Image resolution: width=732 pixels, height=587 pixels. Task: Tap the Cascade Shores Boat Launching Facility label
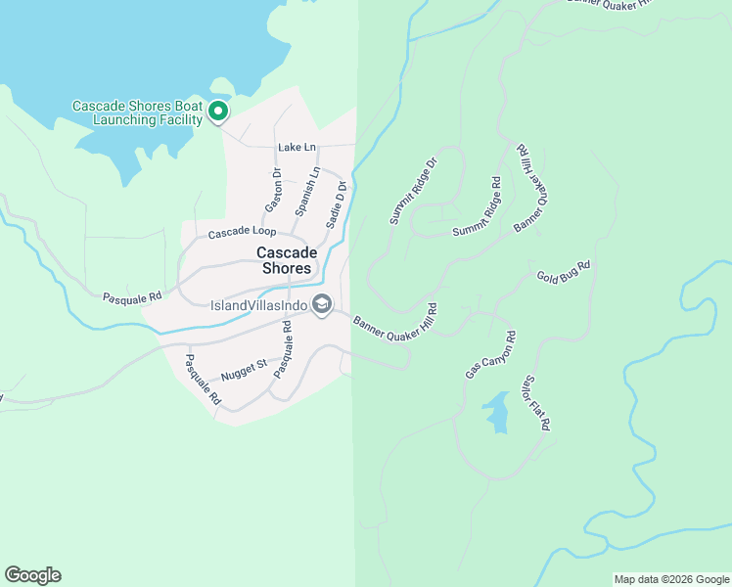[x=137, y=113]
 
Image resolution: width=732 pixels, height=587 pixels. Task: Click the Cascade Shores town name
[x=284, y=260]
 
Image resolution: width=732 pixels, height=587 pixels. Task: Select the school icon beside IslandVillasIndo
[x=321, y=305]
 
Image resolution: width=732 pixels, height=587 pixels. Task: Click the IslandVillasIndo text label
[x=259, y=305]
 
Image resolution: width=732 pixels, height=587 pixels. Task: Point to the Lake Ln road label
[x=297, y=147]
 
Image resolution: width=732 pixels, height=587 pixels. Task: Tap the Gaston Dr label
[x=275, y=191]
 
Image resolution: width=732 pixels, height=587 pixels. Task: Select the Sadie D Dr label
[x=337, y=203]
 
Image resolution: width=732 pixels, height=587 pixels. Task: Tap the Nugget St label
[x=244, y=369]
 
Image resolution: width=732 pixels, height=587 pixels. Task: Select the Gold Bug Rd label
[x=564, y=271]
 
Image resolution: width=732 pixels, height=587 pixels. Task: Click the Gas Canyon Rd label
[x=491, y=355]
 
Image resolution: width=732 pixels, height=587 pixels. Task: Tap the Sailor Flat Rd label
[x=537, y=402]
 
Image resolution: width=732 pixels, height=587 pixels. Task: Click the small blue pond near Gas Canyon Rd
[x=497, y=413]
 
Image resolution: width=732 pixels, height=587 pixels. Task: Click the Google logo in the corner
[x=32, y=575]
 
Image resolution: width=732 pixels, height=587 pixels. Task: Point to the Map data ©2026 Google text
[x=670, y=579]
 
